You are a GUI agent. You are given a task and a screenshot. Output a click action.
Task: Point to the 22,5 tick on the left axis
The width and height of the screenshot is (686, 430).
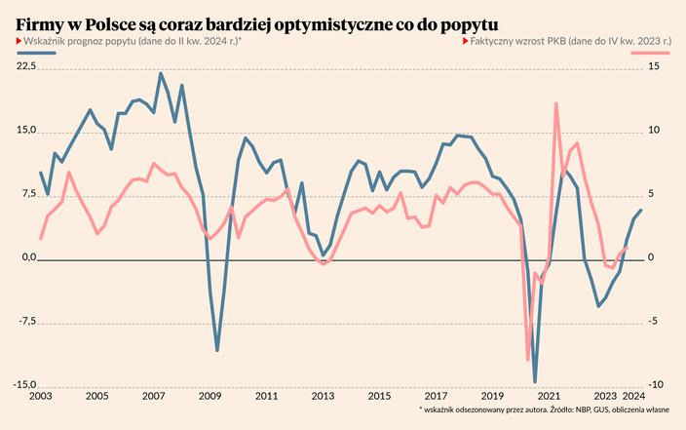pos(25,66)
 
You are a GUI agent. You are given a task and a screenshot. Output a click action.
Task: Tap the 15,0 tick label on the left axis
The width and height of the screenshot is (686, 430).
pos(25,131)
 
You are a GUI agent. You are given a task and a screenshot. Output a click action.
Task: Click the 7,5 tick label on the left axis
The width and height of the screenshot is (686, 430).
pos(28,194)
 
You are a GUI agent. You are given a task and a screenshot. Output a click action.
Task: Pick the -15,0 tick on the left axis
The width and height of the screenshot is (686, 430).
pos(24,385)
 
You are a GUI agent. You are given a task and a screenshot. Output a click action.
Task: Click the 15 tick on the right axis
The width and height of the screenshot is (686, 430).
pos(654,66)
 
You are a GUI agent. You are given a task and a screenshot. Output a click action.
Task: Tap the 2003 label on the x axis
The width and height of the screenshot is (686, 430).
pos(40,397)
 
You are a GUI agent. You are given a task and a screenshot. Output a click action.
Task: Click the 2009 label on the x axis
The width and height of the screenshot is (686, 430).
pos(210,397)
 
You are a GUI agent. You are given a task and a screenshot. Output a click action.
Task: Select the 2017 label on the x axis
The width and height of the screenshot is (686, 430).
pos(436,397)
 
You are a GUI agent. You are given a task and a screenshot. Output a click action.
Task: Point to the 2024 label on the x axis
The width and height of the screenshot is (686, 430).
pos(632,397)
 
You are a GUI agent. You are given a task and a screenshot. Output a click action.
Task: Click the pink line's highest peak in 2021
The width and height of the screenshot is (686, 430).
pos(555,103)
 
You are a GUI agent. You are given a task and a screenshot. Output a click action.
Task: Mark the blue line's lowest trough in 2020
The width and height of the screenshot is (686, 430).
pos(535,381)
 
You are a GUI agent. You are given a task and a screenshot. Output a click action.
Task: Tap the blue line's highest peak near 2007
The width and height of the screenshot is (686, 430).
pos(161,73)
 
